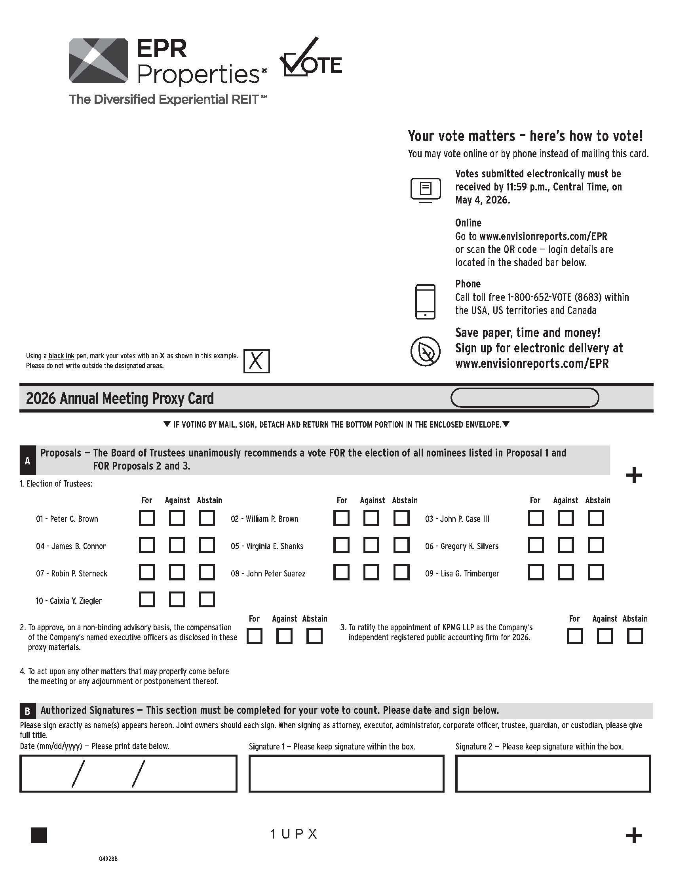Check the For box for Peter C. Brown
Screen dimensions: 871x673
tap(147, 518)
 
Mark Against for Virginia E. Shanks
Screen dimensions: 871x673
tap(371, 545)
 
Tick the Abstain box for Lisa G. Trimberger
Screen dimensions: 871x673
tap(596, 572)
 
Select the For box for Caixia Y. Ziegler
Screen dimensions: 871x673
tap(147, 599)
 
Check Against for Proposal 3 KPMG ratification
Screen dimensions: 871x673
tap(605, 637)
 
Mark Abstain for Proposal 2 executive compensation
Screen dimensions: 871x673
tap(314, 637)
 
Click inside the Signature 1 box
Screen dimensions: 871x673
tap(346, 774)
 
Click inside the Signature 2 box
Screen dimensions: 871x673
tap(553, 774)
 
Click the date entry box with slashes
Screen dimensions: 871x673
tap(128, 774)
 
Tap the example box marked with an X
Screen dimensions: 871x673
tap(257, 361)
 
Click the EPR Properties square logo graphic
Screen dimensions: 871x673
tap(99, 61)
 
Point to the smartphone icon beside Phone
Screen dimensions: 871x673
tap(425, 302)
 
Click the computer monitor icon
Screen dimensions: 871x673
tap(426, 190)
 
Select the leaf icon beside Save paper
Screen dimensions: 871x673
tap(426, 351)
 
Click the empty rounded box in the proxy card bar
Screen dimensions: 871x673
tap(524, 397)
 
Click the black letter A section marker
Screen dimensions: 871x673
tap(27, 460)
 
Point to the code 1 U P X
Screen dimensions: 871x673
tap(293, 834)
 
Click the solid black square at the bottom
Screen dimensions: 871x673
tap(39, 835)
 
